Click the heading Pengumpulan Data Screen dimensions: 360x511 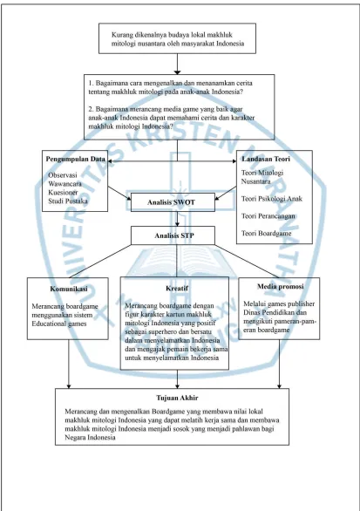point(75,159)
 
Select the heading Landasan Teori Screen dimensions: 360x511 point(266,159)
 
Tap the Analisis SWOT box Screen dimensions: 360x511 point(173,202)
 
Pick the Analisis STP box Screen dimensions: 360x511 point(173,235)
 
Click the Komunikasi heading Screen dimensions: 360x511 point(69,289)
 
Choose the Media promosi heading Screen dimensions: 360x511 point(280,287)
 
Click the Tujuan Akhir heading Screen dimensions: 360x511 point(177,398)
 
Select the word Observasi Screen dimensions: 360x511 point(63,175)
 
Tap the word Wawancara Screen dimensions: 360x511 point(65,184)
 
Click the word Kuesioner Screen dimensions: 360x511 point(63,192)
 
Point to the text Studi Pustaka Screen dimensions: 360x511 point(68,201)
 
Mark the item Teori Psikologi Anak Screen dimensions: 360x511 point(272,199)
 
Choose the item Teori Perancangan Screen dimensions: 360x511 point(268,216)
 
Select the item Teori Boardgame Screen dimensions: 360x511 point(266,234)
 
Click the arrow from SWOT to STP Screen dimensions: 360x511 point(177,219)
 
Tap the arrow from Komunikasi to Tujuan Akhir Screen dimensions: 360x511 point(69,364)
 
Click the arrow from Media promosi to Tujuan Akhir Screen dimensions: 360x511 point(279,364)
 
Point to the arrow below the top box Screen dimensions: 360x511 point(177,64)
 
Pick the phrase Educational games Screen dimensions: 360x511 point(59,324)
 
